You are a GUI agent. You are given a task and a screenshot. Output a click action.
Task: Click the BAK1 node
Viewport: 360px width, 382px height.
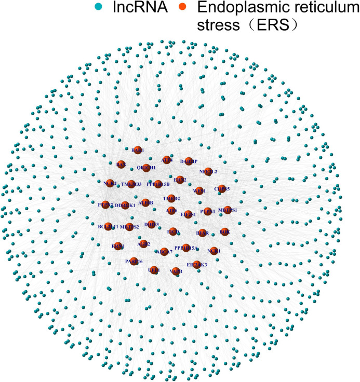click(x=138, y=150)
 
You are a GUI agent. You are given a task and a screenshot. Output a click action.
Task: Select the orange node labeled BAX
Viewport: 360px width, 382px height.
click(x=121, y=164)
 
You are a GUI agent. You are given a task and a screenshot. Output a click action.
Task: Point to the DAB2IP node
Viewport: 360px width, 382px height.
click(x=189, y=161)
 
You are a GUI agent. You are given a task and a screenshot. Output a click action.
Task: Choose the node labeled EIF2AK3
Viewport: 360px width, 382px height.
click(x=197, y=265)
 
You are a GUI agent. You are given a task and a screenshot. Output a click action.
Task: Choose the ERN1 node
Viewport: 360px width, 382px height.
click(x=118, y=247)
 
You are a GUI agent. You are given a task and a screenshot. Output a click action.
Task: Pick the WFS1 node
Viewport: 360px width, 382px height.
click(x=199, y=191)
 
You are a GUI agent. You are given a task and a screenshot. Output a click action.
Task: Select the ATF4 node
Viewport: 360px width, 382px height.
click(x=167, y=160)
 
